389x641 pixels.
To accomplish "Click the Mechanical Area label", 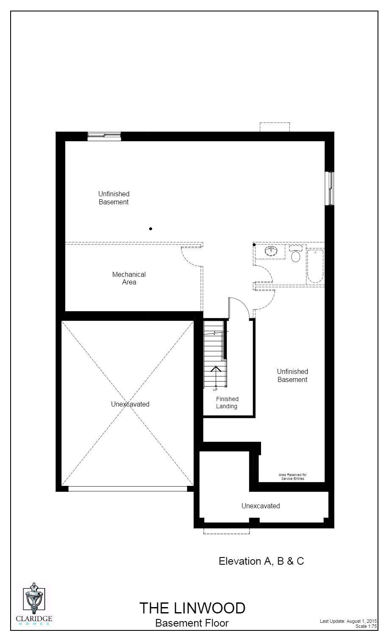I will click(x=129, y=278).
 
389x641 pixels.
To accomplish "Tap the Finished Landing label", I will click(x=227, y=402).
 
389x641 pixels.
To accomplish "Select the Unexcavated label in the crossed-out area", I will click(x=130, y=404).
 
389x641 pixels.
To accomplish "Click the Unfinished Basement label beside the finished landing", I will click(x=292, y=376).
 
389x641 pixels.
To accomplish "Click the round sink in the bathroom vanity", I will click(x=270, y=251).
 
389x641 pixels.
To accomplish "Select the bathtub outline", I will click(x=315, y=266).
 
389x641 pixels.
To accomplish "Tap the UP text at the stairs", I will click(x=215, y=389).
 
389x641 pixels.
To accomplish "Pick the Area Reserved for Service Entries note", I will click(x=292, y=477).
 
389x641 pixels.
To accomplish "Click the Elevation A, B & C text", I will click(x=261, y=561).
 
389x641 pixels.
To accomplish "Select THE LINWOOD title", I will click(x=192, y=608).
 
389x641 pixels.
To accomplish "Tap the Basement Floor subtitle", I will click(x=192, y=623).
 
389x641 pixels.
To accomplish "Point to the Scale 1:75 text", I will click(x=366, y=626).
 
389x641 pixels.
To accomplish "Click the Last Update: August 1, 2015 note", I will click(x=348, y=621).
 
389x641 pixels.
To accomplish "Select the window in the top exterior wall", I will click(x=104, y=136).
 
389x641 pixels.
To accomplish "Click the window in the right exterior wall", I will click(x=330, y=188).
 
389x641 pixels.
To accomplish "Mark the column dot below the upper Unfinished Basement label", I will click(x=150, y=229).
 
